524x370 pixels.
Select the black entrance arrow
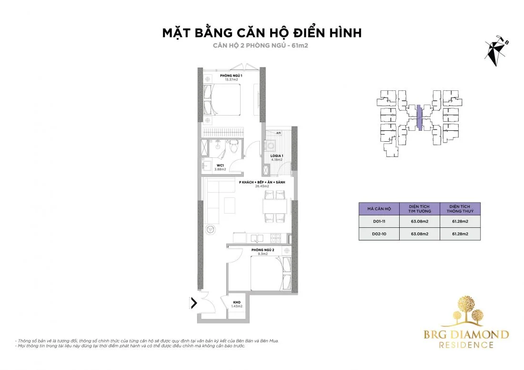pyautogui.click(x=194, y=302)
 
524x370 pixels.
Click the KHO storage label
pyautogui.click(x=237, y=302)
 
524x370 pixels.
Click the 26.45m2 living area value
pyautogui.click(x=261, y=186)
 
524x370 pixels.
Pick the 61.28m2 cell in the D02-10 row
pyautogui.click(x=460, y=234)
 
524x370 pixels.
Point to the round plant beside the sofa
pyautogui.click(x=209, y=230)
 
